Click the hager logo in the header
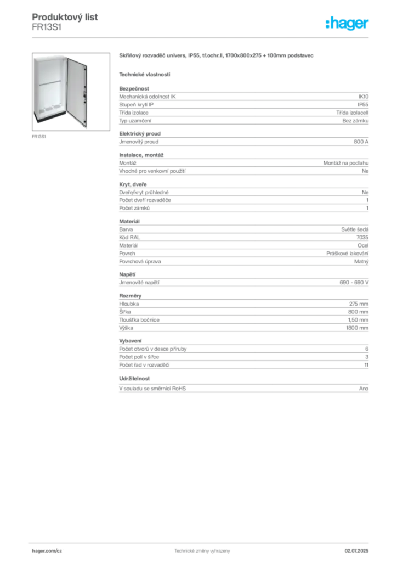(347, 23)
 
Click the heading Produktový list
(65, 17)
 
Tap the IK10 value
(364, 97)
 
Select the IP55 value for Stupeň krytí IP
(363, 105)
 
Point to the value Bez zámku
(355, 121)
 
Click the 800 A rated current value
(361, 142)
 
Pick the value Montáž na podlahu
(346, 163)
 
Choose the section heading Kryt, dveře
(133, 184)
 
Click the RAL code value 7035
(362, 237)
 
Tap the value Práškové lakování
(347, 254)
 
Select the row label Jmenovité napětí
(139, 283)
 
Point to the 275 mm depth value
(359, 304)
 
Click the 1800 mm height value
(358, 328)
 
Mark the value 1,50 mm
(358, 320)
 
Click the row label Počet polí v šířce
(139, 357)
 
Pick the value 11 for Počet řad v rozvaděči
(366, 365)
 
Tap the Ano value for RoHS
(364, 389)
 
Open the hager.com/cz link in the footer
(47, 551)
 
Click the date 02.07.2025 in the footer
(356, 551)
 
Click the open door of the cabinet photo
(77, 92)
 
